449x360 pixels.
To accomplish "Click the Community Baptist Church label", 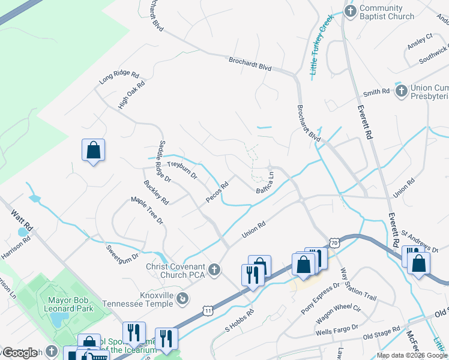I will coord(387,13).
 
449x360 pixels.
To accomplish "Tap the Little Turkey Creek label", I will coord(321,46).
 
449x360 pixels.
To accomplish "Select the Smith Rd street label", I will coord(376,92).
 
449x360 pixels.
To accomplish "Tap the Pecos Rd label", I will coord(217,192).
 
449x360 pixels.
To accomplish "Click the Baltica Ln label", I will coord(265,183).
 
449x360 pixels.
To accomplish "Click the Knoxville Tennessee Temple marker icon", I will coord(184,298).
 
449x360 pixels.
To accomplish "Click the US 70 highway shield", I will coord(334,242).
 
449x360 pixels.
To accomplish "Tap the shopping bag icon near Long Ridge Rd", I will coord(94,150).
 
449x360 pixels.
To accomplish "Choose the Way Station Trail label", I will coord(358,286).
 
